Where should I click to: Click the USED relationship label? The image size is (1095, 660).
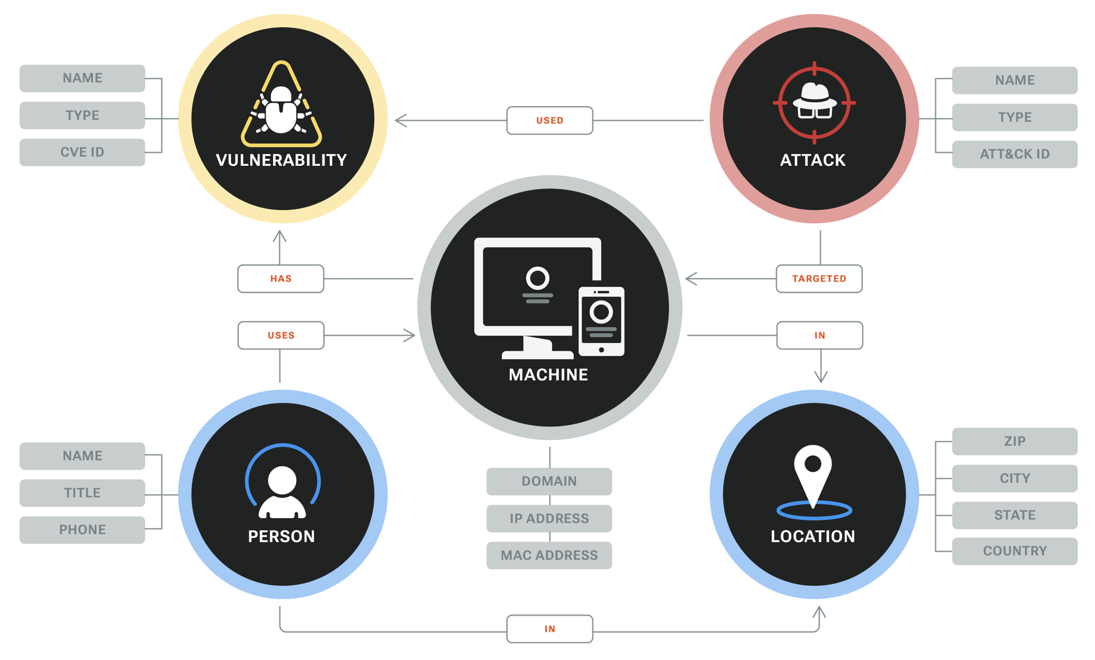550,121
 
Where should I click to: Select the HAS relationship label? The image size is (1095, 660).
281,279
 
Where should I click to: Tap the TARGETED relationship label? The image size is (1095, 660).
819,279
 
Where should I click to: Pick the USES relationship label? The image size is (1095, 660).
281,336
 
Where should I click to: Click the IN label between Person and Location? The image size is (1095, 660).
550,629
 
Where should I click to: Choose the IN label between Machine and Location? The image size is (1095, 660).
820,336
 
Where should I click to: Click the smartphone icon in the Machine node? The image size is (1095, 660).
601,321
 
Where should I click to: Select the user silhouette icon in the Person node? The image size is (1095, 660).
282,491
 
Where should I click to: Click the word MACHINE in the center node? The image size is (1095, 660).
549,375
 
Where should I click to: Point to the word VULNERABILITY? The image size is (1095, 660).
281,160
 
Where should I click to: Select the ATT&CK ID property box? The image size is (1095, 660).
1015,154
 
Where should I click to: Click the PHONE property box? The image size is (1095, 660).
82,530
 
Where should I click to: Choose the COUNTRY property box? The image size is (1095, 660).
1015,552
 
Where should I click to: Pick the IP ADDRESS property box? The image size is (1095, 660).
549,519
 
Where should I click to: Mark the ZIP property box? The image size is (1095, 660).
1015,442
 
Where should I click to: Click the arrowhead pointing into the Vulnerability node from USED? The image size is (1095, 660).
399,121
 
